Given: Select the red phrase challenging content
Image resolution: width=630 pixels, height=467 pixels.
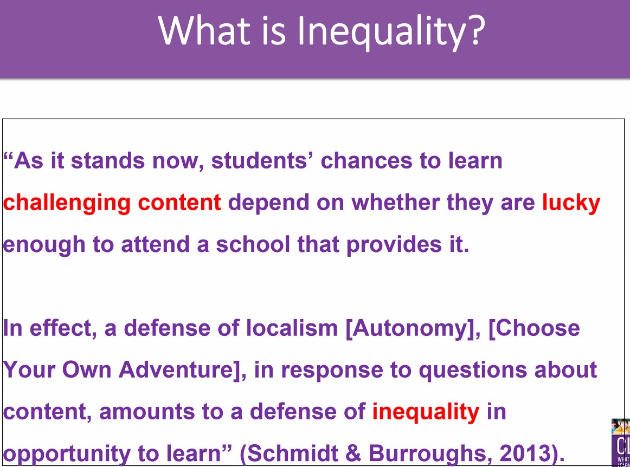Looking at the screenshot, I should [112, 203].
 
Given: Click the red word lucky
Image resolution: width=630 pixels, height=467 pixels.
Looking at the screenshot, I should [571, 203].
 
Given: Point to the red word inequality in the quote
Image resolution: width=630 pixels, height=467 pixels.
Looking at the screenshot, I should [426, 412].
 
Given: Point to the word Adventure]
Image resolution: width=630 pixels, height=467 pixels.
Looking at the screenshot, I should [182, 370].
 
